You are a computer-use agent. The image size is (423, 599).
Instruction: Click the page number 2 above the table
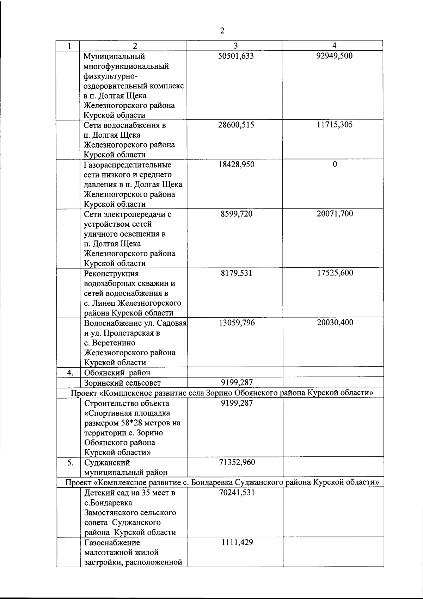coord(222,31)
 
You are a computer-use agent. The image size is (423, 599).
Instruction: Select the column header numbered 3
coord(235,45)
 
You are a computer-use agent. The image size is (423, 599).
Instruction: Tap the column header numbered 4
coord(335,45)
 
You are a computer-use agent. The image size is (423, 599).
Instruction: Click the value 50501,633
coord(236,56)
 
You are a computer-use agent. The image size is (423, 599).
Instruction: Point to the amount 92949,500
coord(335,56)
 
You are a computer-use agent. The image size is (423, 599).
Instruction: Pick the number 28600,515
coord(236,125)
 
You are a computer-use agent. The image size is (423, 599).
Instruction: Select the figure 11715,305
coord(335,125)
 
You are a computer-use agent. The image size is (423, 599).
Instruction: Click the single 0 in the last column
coord(335,164)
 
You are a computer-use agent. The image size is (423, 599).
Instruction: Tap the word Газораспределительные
coord(128,165)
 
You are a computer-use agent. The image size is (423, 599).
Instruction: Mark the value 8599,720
coord(236,214)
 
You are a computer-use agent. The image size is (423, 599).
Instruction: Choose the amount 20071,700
coord(335,214)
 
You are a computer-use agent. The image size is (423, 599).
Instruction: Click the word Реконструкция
coord(111,274)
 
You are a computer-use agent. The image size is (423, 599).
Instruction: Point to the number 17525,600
coord(335,273)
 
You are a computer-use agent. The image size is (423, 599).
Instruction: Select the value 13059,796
coord(236,323)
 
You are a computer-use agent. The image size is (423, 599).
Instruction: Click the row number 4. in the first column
coord(70,373)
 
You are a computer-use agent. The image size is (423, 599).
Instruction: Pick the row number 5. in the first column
coord(70,463)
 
